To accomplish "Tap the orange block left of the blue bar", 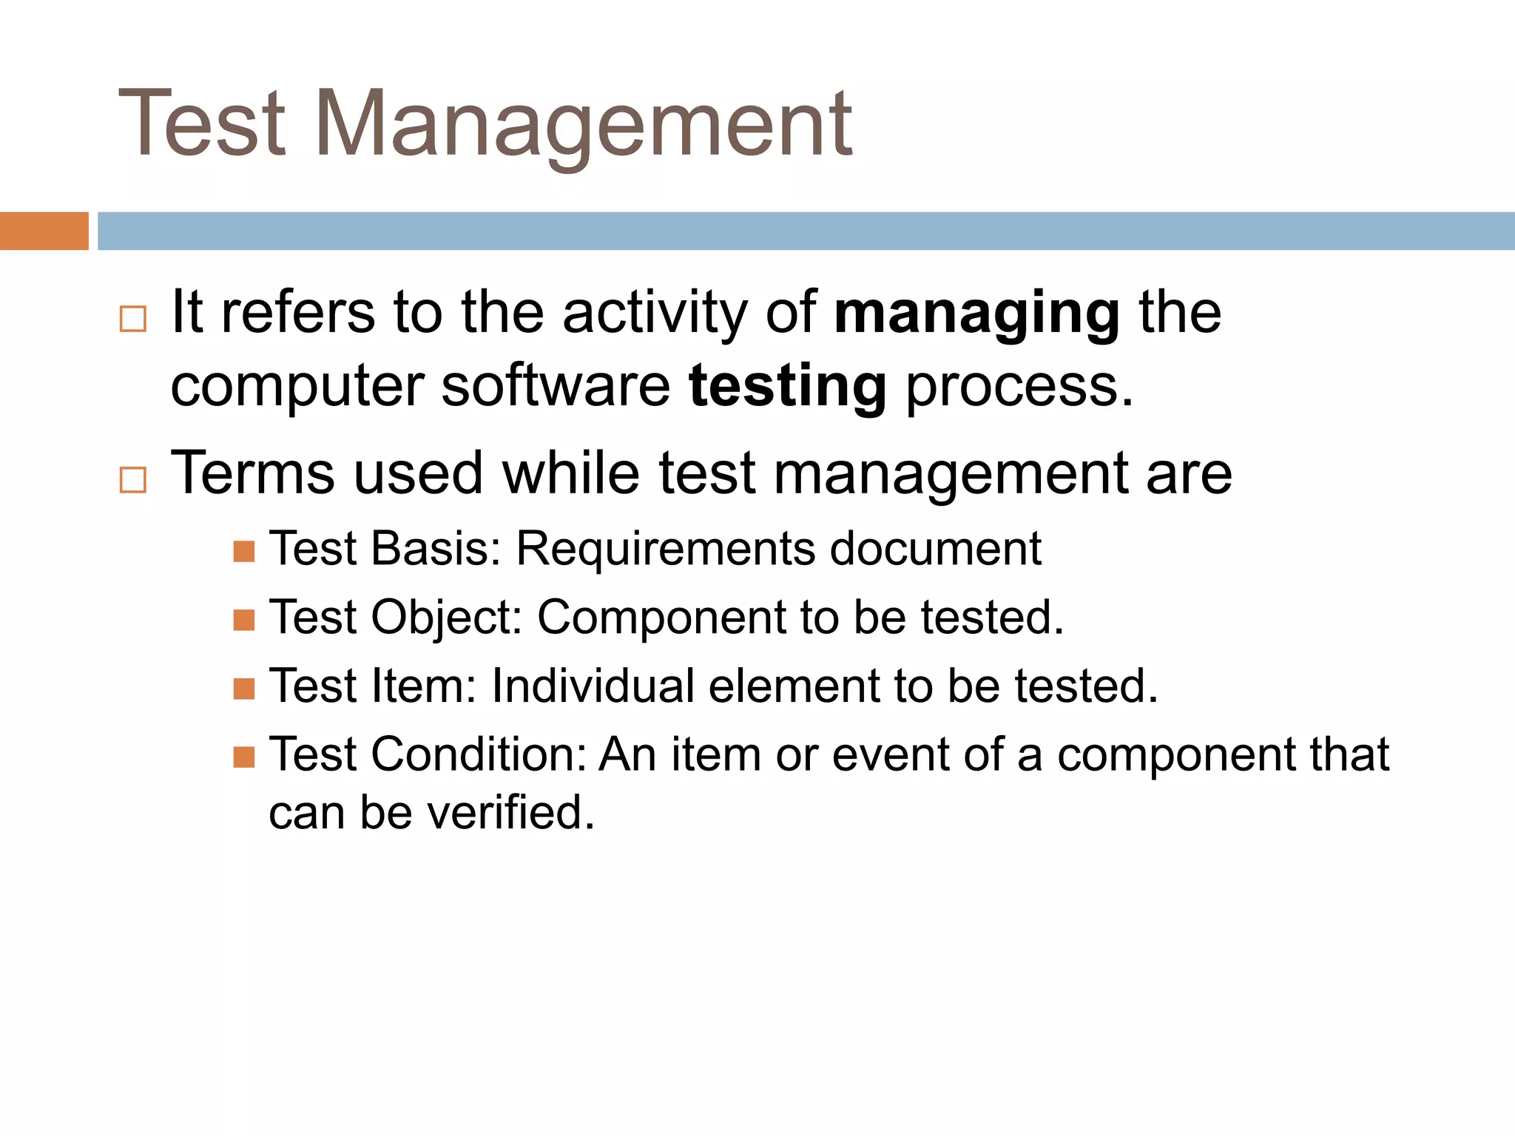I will pos(44,231).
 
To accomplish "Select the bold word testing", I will pos(787,387).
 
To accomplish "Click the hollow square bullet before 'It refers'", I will pos(133,319).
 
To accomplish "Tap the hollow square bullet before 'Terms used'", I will pos(133,480).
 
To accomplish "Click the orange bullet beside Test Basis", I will pos(243,552).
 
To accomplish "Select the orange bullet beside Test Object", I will pos(243,620).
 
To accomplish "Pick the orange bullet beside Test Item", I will pos(243,689).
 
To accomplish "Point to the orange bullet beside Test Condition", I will pos(243,757).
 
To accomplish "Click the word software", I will pos(556,387).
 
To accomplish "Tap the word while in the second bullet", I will pos(571,473).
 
